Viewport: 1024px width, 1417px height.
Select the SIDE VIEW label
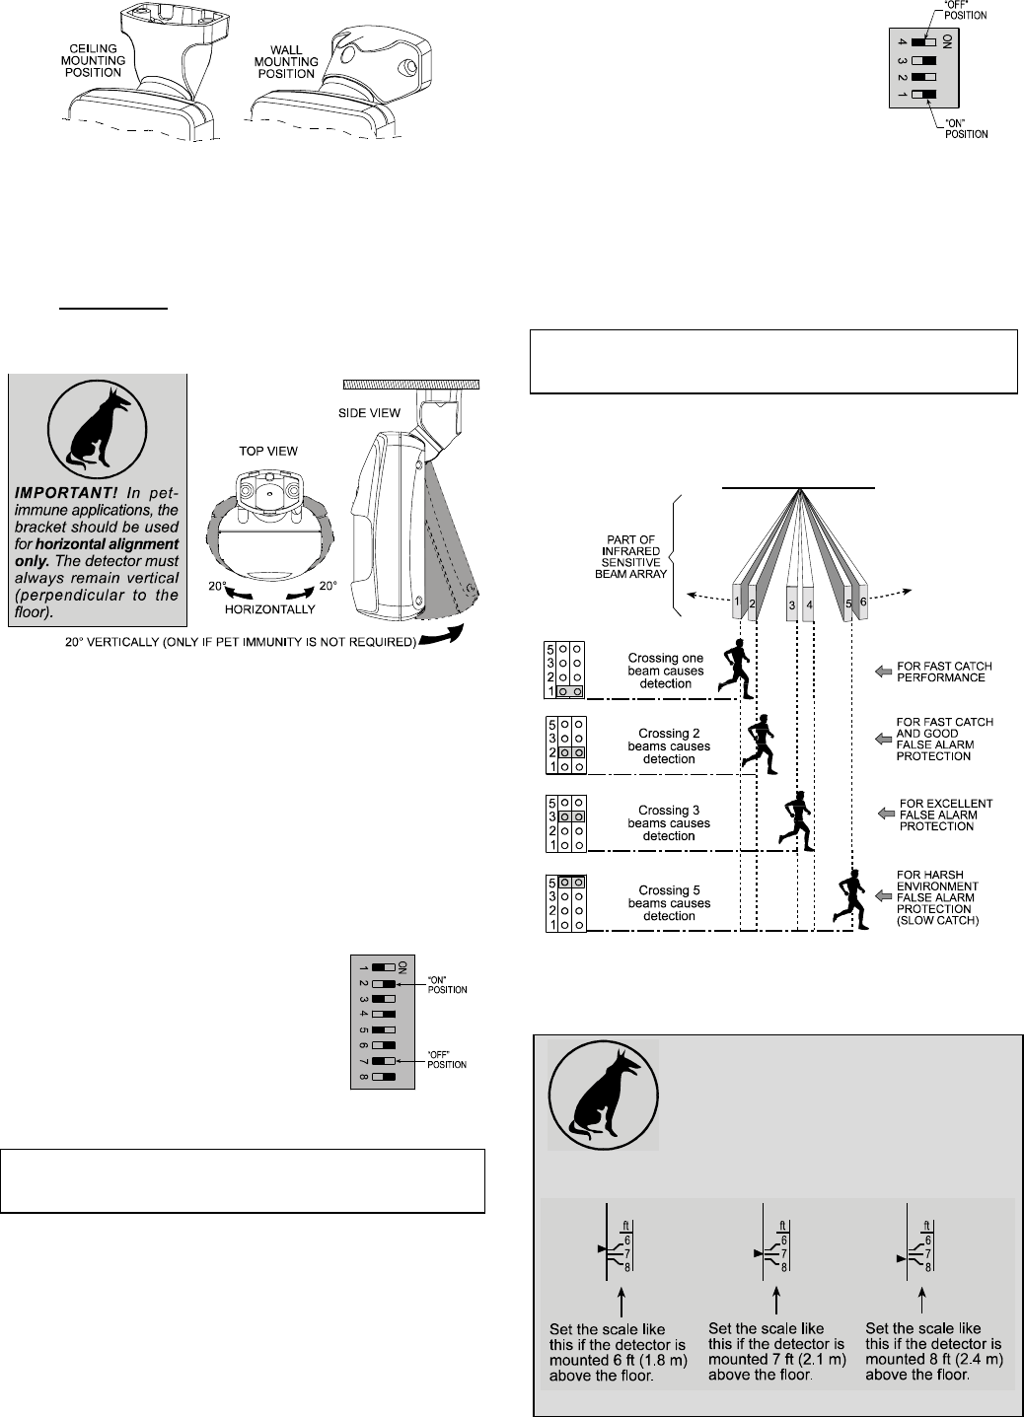coord(369,413)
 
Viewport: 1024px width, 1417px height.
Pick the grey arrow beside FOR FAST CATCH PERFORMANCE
coord(882,672)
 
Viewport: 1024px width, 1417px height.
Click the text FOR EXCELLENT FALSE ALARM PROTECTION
coord(944,815)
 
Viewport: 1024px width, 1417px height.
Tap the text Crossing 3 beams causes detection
coord(669,823)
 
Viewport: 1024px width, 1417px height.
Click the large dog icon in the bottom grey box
coord(603,1094)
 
